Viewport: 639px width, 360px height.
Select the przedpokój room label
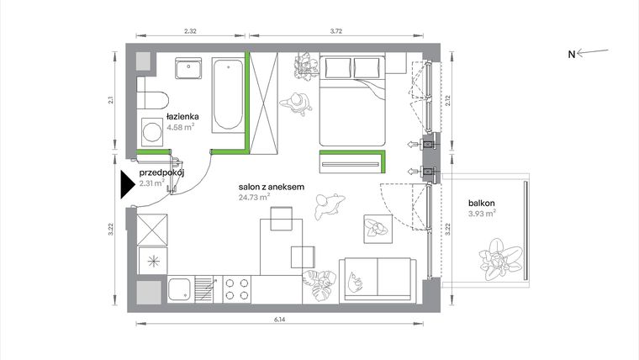click(161, 172)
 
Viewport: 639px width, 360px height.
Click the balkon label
click(482, 202)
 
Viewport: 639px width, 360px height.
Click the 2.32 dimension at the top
click(190, 31)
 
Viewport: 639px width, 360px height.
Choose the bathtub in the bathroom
click(225, 94)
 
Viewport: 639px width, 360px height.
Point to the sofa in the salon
click(378, 278)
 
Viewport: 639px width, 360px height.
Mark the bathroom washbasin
click(187, 67)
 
